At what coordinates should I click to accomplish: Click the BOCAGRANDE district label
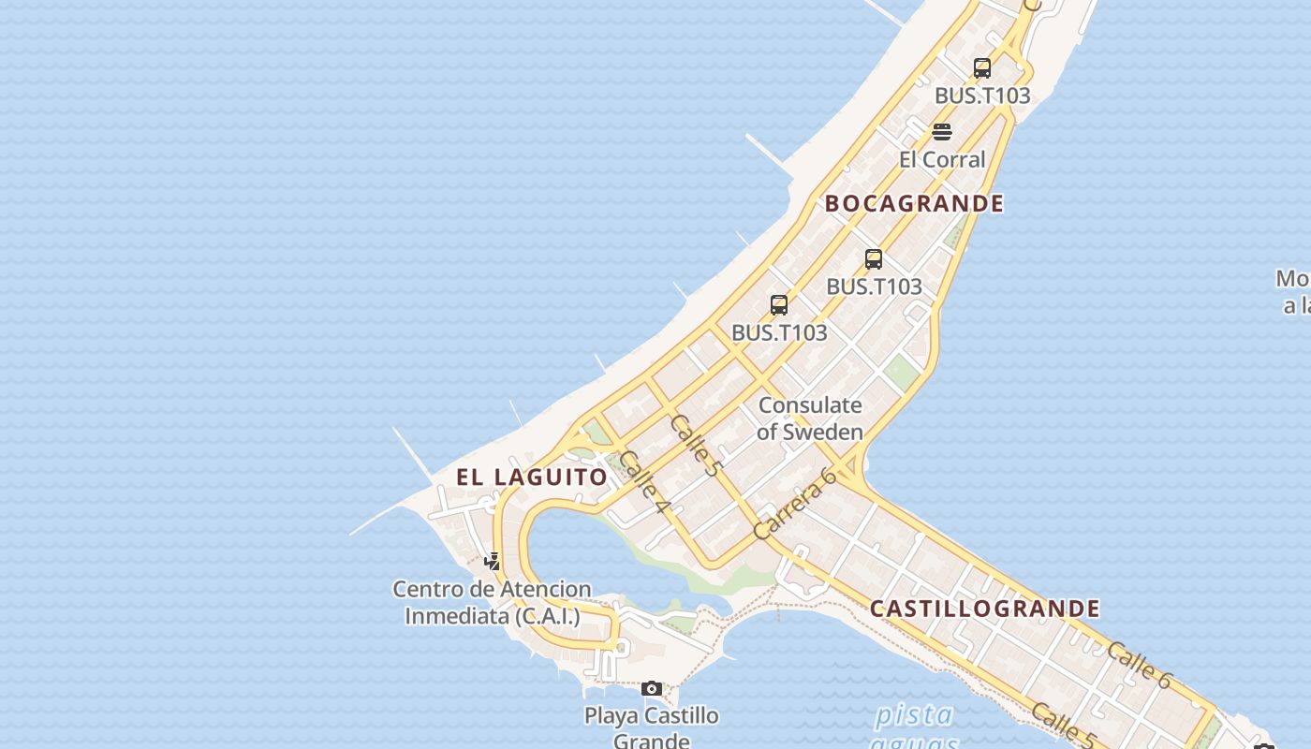coord(914,203)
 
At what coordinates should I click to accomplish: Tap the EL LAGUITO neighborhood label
coord(532,477)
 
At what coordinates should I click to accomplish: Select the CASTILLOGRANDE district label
coord(985,609)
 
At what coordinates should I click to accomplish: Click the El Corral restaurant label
coord(942,159)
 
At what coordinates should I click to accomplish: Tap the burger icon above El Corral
coord(942,131)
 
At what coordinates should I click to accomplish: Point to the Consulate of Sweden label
coord(810,419)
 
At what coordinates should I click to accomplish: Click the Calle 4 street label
coord(645,482)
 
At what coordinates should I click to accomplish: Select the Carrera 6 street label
coord(795,503)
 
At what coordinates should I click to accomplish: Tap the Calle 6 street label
coord(1139,665)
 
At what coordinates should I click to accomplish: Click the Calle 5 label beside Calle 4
coord(696,445)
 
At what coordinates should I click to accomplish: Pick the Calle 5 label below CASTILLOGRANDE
coord(1064,727)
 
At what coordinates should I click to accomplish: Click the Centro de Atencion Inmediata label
coord(492,602)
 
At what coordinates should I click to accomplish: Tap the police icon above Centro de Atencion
coord(492,562)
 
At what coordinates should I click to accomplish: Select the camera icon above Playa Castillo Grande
coord(652,689)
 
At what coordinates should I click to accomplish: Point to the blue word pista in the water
coord(914,716)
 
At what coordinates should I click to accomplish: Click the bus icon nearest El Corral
coord(981,68)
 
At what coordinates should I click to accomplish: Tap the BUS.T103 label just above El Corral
coord(981,95)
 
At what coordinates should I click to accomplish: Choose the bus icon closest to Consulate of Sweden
coord(779,305)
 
